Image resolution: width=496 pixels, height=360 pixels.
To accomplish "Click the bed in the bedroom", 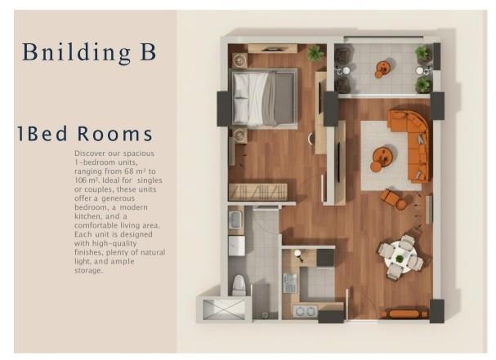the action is coord(265,97).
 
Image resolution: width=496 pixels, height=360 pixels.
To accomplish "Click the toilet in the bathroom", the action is coord(239,285).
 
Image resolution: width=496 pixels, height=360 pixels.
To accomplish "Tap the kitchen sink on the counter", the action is coord(290,283).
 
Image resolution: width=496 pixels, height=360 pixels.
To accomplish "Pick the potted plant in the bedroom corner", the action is coord(315,53).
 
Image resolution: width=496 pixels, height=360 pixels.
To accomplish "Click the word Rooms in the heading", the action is coord(115,134).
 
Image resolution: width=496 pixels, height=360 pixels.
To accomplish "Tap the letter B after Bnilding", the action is coord(148,51).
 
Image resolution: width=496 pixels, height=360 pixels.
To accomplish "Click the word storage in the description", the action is coord(88,270).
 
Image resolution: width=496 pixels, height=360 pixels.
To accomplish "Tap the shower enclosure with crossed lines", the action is coord(224,309).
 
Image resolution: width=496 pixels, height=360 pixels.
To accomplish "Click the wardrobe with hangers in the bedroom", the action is coord(258,192).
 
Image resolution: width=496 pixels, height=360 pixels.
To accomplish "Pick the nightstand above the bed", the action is coord(240,60).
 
